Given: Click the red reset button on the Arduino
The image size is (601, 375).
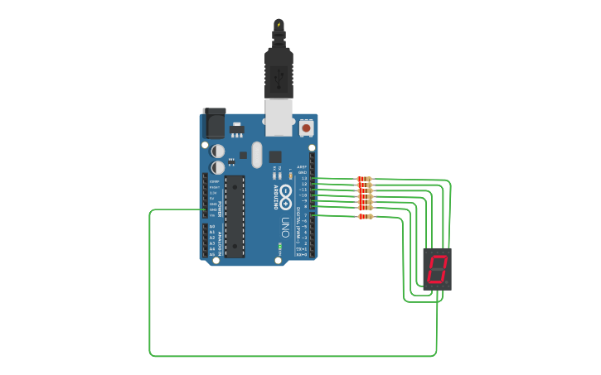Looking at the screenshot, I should tap(307, 128).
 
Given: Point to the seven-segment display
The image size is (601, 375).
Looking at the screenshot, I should tap(437, 268).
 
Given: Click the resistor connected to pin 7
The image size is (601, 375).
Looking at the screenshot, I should tap(365, 217).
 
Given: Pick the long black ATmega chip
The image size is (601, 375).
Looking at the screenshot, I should tap(235, 215).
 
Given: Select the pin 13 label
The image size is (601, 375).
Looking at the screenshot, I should tap(304, 178).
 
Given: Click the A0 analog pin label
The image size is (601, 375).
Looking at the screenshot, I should tap(212, 227).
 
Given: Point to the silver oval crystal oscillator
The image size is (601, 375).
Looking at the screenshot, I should tap(256, 154).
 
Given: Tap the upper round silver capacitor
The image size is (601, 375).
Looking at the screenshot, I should tap(218, 151).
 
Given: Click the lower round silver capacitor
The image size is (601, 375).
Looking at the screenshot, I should tap(218, 166).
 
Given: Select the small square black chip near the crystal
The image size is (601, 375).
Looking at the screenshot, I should tap(275, 156).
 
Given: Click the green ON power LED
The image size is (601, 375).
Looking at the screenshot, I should tap(280, 247).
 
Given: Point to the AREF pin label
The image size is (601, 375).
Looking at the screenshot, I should tap(302, 166).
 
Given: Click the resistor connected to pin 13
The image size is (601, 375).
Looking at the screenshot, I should tap(365, 179).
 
